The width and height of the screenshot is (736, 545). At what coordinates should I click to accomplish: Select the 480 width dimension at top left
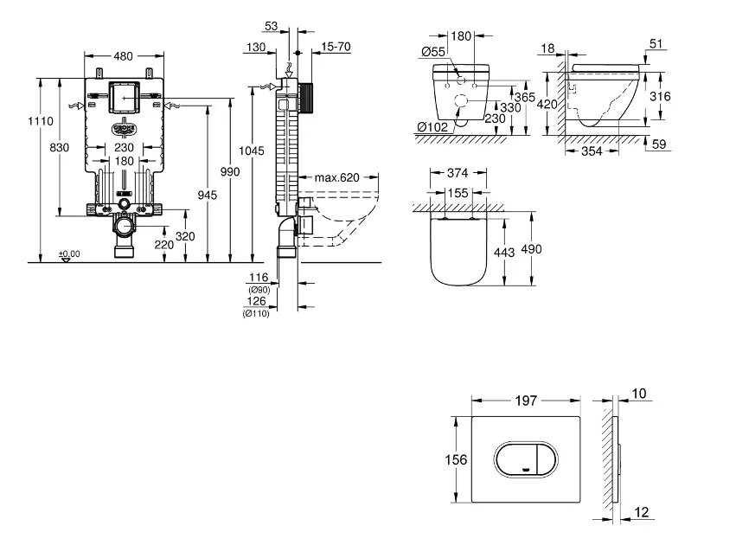pyautogui.click(x=125, y=56)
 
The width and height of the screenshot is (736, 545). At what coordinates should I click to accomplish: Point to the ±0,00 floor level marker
pyautogui.click(x=68, y=253)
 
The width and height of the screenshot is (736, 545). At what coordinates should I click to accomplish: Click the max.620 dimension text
pyautogui.click(x=336, y=178)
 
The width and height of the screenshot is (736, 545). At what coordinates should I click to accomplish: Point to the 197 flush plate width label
pyautogui.click(x=527, y=401)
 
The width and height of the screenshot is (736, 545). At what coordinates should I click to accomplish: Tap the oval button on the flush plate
pyautogui.click(x=524, y=459)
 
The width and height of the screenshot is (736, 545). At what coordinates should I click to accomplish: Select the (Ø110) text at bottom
pyautogui.click(x=258, y=313)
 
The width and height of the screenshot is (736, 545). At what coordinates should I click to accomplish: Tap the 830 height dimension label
pyautogui.click(x=59, y=148)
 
